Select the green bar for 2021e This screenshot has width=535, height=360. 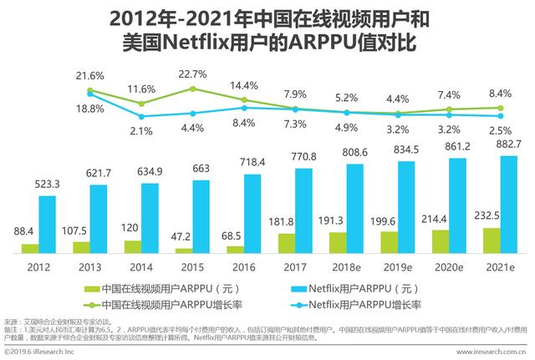coord(492,240)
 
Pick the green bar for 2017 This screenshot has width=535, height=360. coord(287,242)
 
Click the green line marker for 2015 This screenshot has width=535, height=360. coord(193,88)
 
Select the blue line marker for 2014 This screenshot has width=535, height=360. coord(142,115)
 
